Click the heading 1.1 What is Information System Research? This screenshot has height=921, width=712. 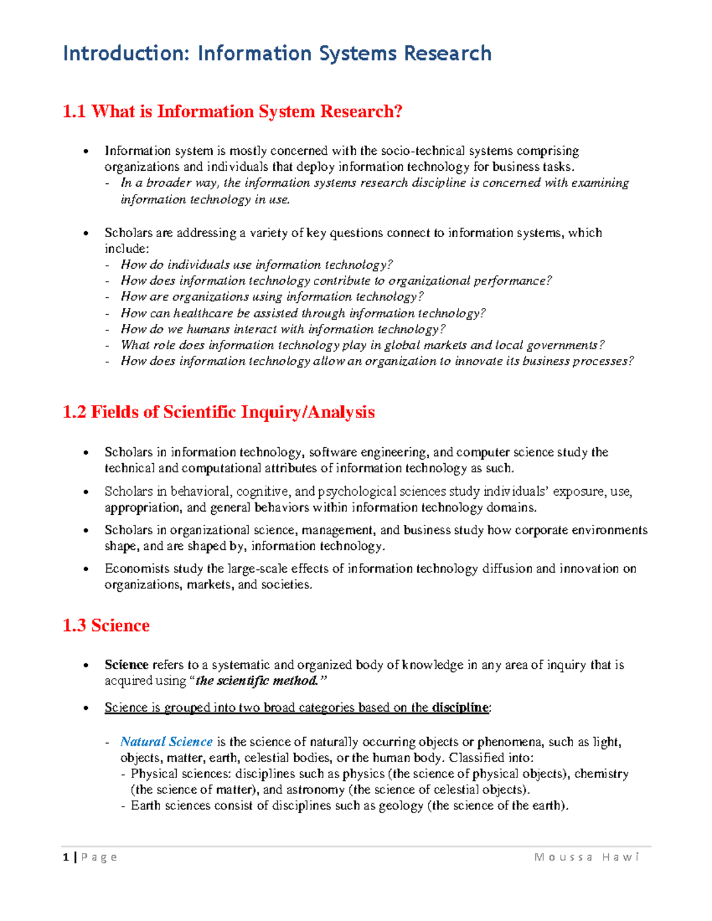click(232, 111)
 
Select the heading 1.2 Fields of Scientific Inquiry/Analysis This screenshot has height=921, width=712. click(218, 412)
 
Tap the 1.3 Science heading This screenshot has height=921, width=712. click(106, 626)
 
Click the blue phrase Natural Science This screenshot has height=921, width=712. click(166, 742)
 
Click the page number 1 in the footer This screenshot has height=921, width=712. click(65, 857)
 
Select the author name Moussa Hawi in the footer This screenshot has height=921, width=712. click(586, 857)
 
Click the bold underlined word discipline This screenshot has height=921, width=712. click(460, 708)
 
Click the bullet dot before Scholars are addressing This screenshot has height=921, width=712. click(87, 233)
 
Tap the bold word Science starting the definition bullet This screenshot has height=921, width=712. click(126, 665)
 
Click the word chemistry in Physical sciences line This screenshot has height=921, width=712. click(601, 773)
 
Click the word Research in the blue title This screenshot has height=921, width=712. click(447, 53)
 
